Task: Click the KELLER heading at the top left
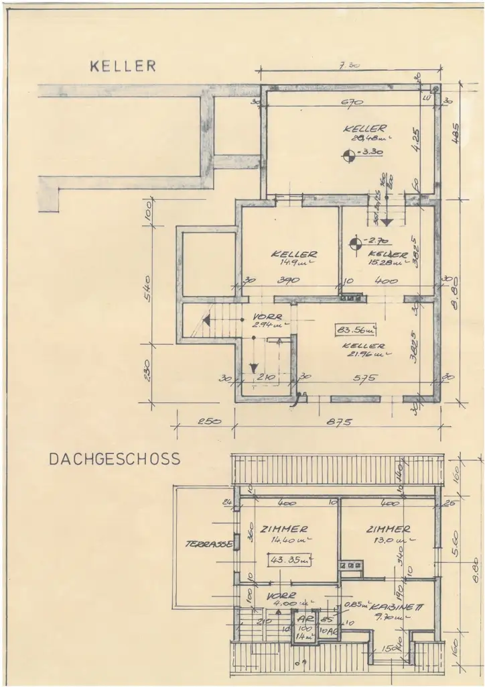(123, 66)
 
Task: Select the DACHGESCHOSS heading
(115, 460)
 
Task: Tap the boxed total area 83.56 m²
(356, 329)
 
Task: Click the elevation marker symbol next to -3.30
(348, 156)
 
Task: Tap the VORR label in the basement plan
(267, 317)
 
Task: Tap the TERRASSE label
(209, 544)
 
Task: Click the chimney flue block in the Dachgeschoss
(352, 566)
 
